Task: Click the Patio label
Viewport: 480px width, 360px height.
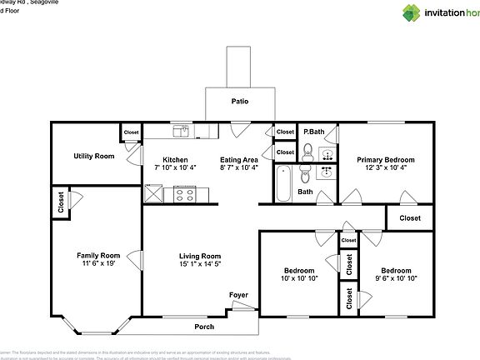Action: tap(239, 102)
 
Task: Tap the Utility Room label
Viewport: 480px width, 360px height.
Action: tap(93, 156)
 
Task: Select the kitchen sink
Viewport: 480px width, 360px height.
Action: tap(182, 132)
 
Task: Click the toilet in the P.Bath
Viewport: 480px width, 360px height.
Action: tap(307, 152)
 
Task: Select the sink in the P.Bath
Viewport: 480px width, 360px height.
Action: tap(327, 154)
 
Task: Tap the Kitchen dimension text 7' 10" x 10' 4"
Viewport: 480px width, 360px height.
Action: tap(175, 167)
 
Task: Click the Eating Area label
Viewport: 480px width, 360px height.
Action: tap(238, 159)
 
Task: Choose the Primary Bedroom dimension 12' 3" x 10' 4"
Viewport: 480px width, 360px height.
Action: tap(386, 167)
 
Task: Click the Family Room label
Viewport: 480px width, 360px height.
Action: tap(98, 256)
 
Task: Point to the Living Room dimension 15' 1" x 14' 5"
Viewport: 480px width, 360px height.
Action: tap(200, 264)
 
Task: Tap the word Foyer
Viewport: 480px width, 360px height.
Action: tap(239, 295)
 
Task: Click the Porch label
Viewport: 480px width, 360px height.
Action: tap(204, 327)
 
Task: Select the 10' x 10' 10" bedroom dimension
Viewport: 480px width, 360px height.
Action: tap(299, 279)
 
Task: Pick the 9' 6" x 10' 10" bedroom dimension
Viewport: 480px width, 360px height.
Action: tap(396, 279)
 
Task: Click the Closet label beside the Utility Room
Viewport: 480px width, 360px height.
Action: tap(131, 132)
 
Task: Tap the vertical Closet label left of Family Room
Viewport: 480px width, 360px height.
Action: tap(61, 202)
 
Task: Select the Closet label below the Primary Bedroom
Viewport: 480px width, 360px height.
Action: tap(409, 218)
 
